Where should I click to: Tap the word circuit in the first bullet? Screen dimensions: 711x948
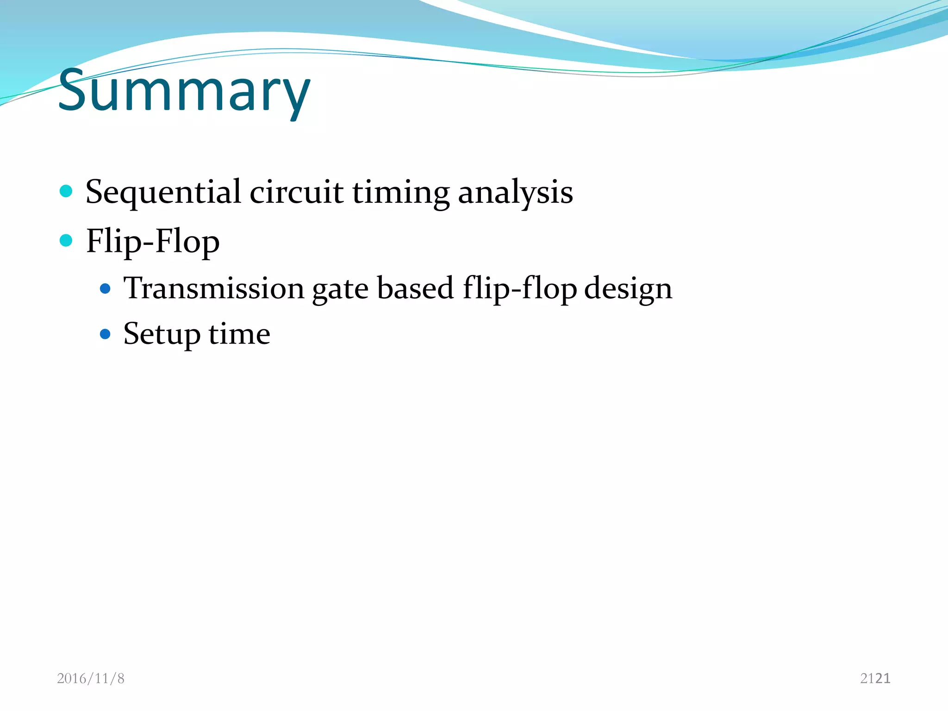(296, 192)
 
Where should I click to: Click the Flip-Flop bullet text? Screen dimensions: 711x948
(153, 242)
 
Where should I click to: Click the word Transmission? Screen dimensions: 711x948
(214, 288)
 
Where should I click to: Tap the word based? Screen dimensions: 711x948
(415, 288)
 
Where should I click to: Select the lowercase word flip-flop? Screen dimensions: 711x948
(520, 289)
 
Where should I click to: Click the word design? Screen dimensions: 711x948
(628, 289)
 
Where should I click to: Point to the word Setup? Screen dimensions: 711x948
(162, 334)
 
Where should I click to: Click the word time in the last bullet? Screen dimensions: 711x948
(239, 333)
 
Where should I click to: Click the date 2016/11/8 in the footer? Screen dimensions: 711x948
(91, 679)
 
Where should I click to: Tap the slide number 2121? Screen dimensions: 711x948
(875, 679)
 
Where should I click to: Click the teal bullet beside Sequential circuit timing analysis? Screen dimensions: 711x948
(66, 191)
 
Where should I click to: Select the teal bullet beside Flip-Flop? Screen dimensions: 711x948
(66, 240)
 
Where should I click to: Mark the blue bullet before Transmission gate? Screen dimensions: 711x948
(106, 289)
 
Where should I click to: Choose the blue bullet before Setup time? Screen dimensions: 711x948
(106, 334)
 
